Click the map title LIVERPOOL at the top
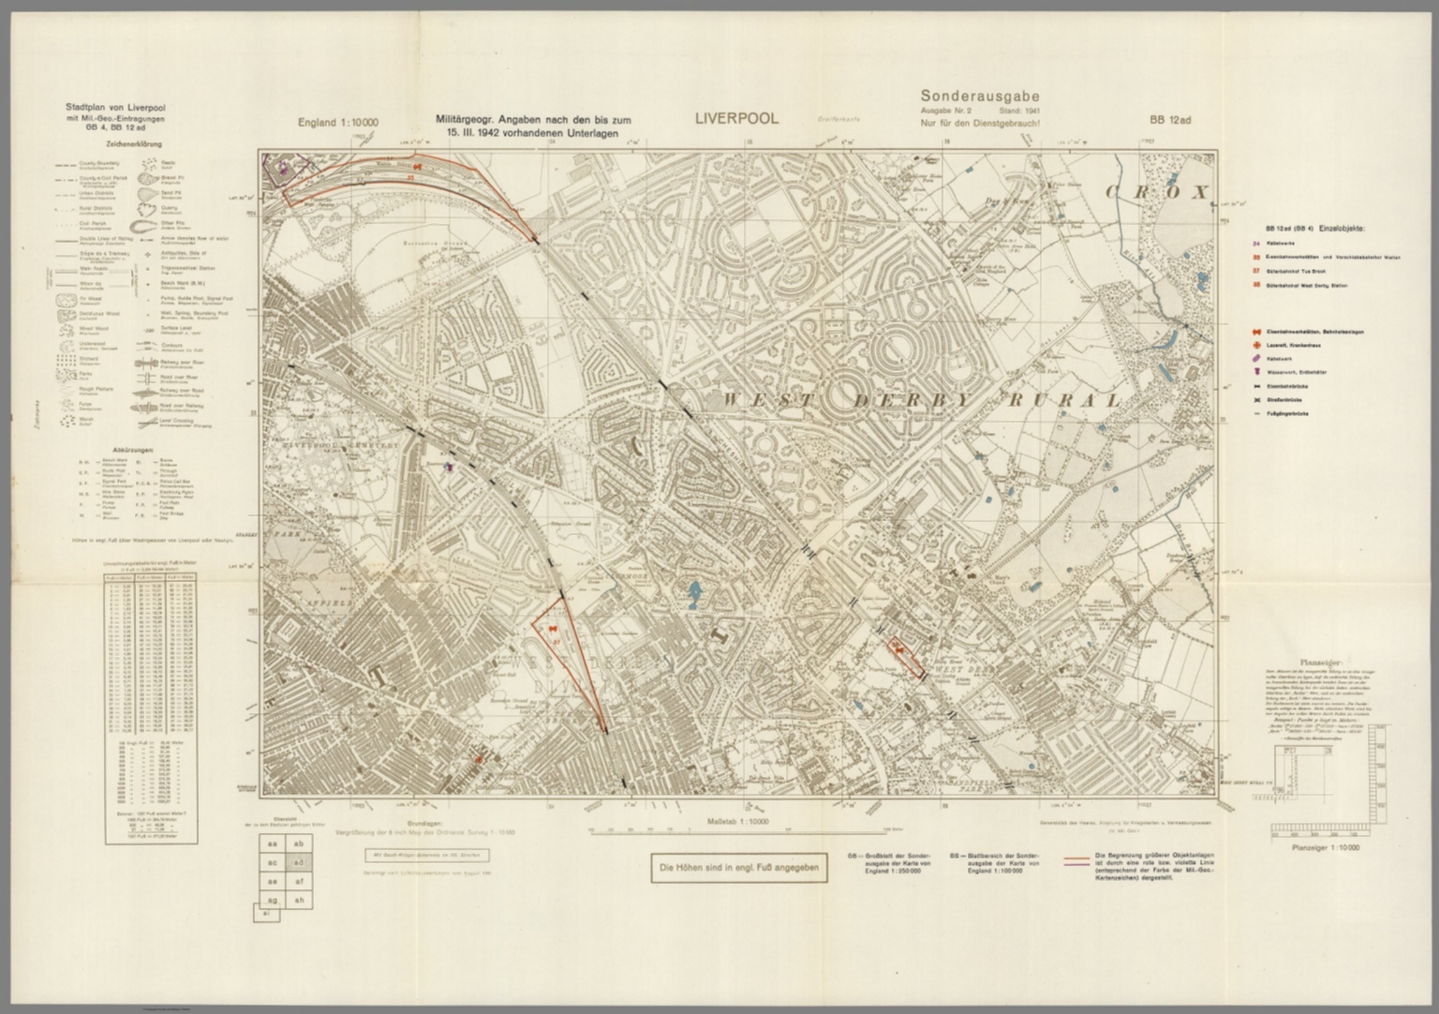click(x=736, y=119)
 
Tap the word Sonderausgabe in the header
click(x=979, y=96)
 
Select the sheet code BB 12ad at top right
click(x=1170, y=120)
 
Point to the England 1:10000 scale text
click(x=338, y=123)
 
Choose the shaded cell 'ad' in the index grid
click(x=299, y=862)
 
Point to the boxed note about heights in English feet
click(x=739, y=868)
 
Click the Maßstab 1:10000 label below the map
click(x=737, y=821)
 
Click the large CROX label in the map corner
click(x=1158, y=192)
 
